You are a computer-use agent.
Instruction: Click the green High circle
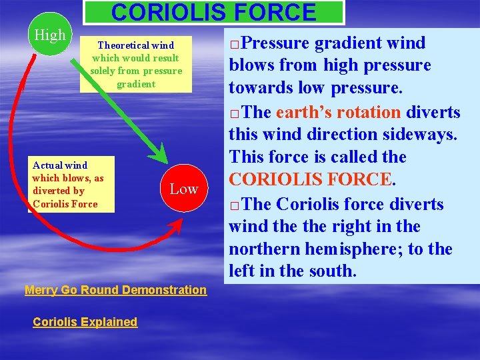49,35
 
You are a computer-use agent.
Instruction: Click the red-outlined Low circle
183,189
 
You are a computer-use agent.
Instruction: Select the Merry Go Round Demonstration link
115,290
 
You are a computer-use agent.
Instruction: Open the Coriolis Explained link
85,322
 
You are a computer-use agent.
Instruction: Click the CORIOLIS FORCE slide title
213,13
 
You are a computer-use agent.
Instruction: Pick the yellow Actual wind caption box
71,185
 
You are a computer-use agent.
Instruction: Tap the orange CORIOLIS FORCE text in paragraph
309,180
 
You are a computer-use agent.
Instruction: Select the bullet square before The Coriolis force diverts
233,205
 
